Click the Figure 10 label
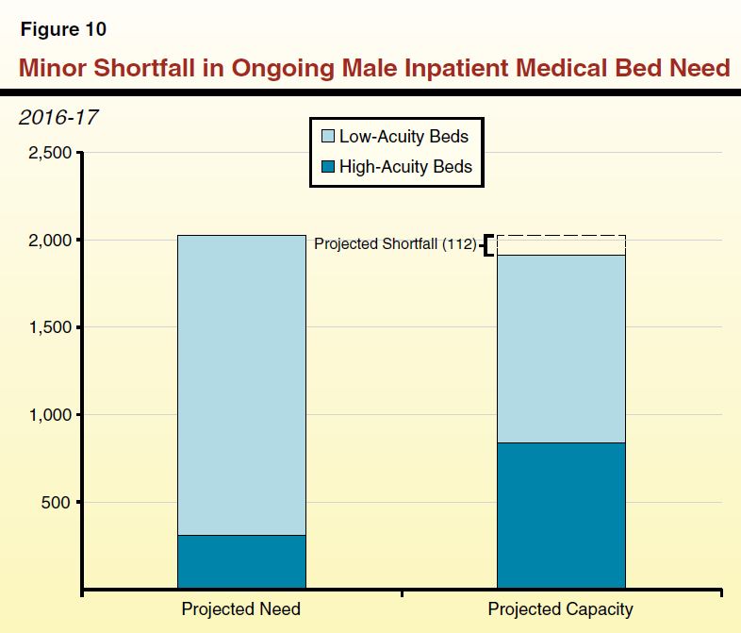point(63,29)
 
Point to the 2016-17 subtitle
point(58,118)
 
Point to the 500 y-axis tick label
point(56,502)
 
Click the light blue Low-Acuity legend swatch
point(327,137)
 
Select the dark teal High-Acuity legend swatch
point(327,167)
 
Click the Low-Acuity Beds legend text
point(403,137)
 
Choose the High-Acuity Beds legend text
point(405,167)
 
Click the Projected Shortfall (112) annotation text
point(395,244)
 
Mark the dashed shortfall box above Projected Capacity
point(561,245)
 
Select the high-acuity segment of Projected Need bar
point(241,562)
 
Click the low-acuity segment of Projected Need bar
point(241,385)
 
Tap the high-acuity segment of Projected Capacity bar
point(561,516)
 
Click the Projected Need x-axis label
point(241,609)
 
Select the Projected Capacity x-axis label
point(560,609)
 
